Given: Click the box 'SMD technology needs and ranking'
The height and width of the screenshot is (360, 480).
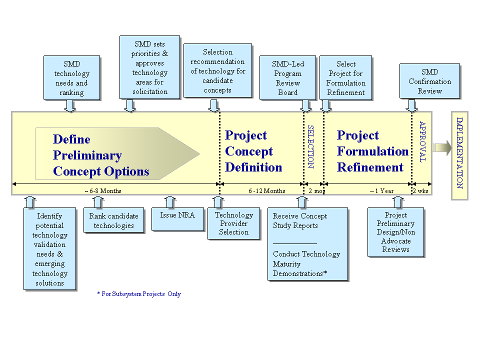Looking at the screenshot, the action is point(72,78).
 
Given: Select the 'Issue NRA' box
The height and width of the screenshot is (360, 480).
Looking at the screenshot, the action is point(178,219).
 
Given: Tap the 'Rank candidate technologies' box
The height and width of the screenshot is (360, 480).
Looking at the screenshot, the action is point(114,220).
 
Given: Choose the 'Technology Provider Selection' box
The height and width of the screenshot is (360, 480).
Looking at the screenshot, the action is point(234,223).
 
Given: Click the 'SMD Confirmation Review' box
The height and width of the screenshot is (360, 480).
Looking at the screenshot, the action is point(430,81).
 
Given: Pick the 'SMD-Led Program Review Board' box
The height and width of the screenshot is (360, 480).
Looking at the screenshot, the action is point(288,78).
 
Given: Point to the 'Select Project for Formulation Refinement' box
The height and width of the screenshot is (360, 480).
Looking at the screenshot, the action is point(346,78).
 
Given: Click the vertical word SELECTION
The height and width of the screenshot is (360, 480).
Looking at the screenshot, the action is point(310,146).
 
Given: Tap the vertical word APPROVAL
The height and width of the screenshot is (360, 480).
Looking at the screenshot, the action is point(422,141).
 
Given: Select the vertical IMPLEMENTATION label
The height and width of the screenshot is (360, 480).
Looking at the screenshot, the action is point(460,153).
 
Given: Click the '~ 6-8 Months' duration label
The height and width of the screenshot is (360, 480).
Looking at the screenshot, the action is point(103,191).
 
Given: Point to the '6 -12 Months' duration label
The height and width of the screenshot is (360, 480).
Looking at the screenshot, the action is point(267,191).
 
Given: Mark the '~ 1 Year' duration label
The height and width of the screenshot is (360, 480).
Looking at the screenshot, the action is point(381,191).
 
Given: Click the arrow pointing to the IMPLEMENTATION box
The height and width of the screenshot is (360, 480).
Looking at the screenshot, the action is point(442,148).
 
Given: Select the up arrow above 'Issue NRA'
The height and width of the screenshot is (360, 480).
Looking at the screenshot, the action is point(170,202).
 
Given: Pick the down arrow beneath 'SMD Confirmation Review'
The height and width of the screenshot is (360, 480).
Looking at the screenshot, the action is point(411,105).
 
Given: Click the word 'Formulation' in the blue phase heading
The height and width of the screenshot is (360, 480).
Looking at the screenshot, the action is point(373,151).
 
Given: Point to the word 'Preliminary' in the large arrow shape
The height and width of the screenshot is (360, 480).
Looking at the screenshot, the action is point(87,155).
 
